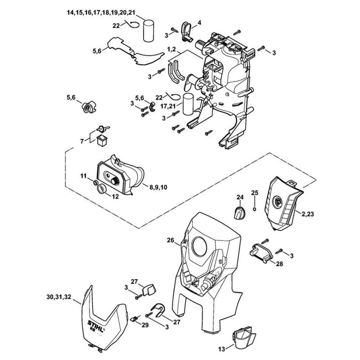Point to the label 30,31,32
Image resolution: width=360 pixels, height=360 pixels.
click(59, 297)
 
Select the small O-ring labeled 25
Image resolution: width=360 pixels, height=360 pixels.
click(255, 208)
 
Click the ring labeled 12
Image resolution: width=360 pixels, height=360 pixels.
click(103, 188)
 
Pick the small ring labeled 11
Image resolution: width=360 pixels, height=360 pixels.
click(95, 183)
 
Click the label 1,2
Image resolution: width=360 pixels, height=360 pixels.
click(171, 48)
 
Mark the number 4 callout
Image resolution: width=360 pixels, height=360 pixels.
click(199, 23)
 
